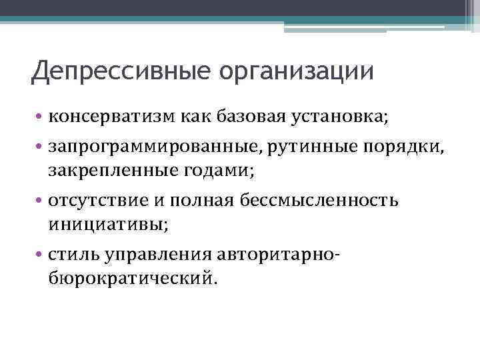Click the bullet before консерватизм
point(41,119)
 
